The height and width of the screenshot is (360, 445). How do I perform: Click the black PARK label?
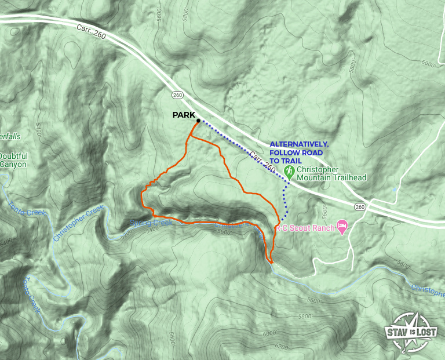click(184, 115)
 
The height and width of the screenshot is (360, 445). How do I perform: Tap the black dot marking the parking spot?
click(198, 121)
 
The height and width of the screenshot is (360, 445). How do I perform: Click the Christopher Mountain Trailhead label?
click(331, 173)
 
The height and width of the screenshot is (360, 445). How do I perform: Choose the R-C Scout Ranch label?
click(305, 228)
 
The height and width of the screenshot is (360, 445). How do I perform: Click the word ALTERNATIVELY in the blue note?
click(299, 144)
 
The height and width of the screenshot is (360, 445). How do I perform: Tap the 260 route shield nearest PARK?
click(177, 94)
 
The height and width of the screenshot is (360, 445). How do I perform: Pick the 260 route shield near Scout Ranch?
click(360, 206)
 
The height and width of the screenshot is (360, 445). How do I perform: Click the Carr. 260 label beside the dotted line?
click(262, 162)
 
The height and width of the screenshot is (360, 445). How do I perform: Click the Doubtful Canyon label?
click(13, 160)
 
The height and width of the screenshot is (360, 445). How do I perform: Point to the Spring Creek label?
click(155, 223)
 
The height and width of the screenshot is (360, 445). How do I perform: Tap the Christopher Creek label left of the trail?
click(77, 223)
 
